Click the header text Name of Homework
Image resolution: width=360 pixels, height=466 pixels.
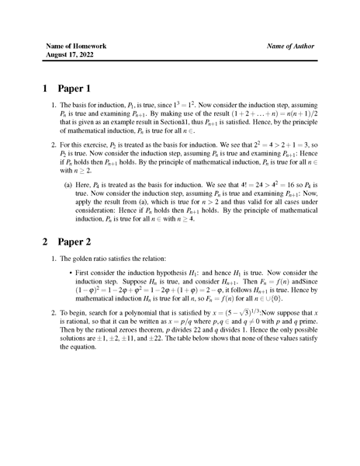click(76, 47)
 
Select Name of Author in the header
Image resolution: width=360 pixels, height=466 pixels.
click(290, 47)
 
